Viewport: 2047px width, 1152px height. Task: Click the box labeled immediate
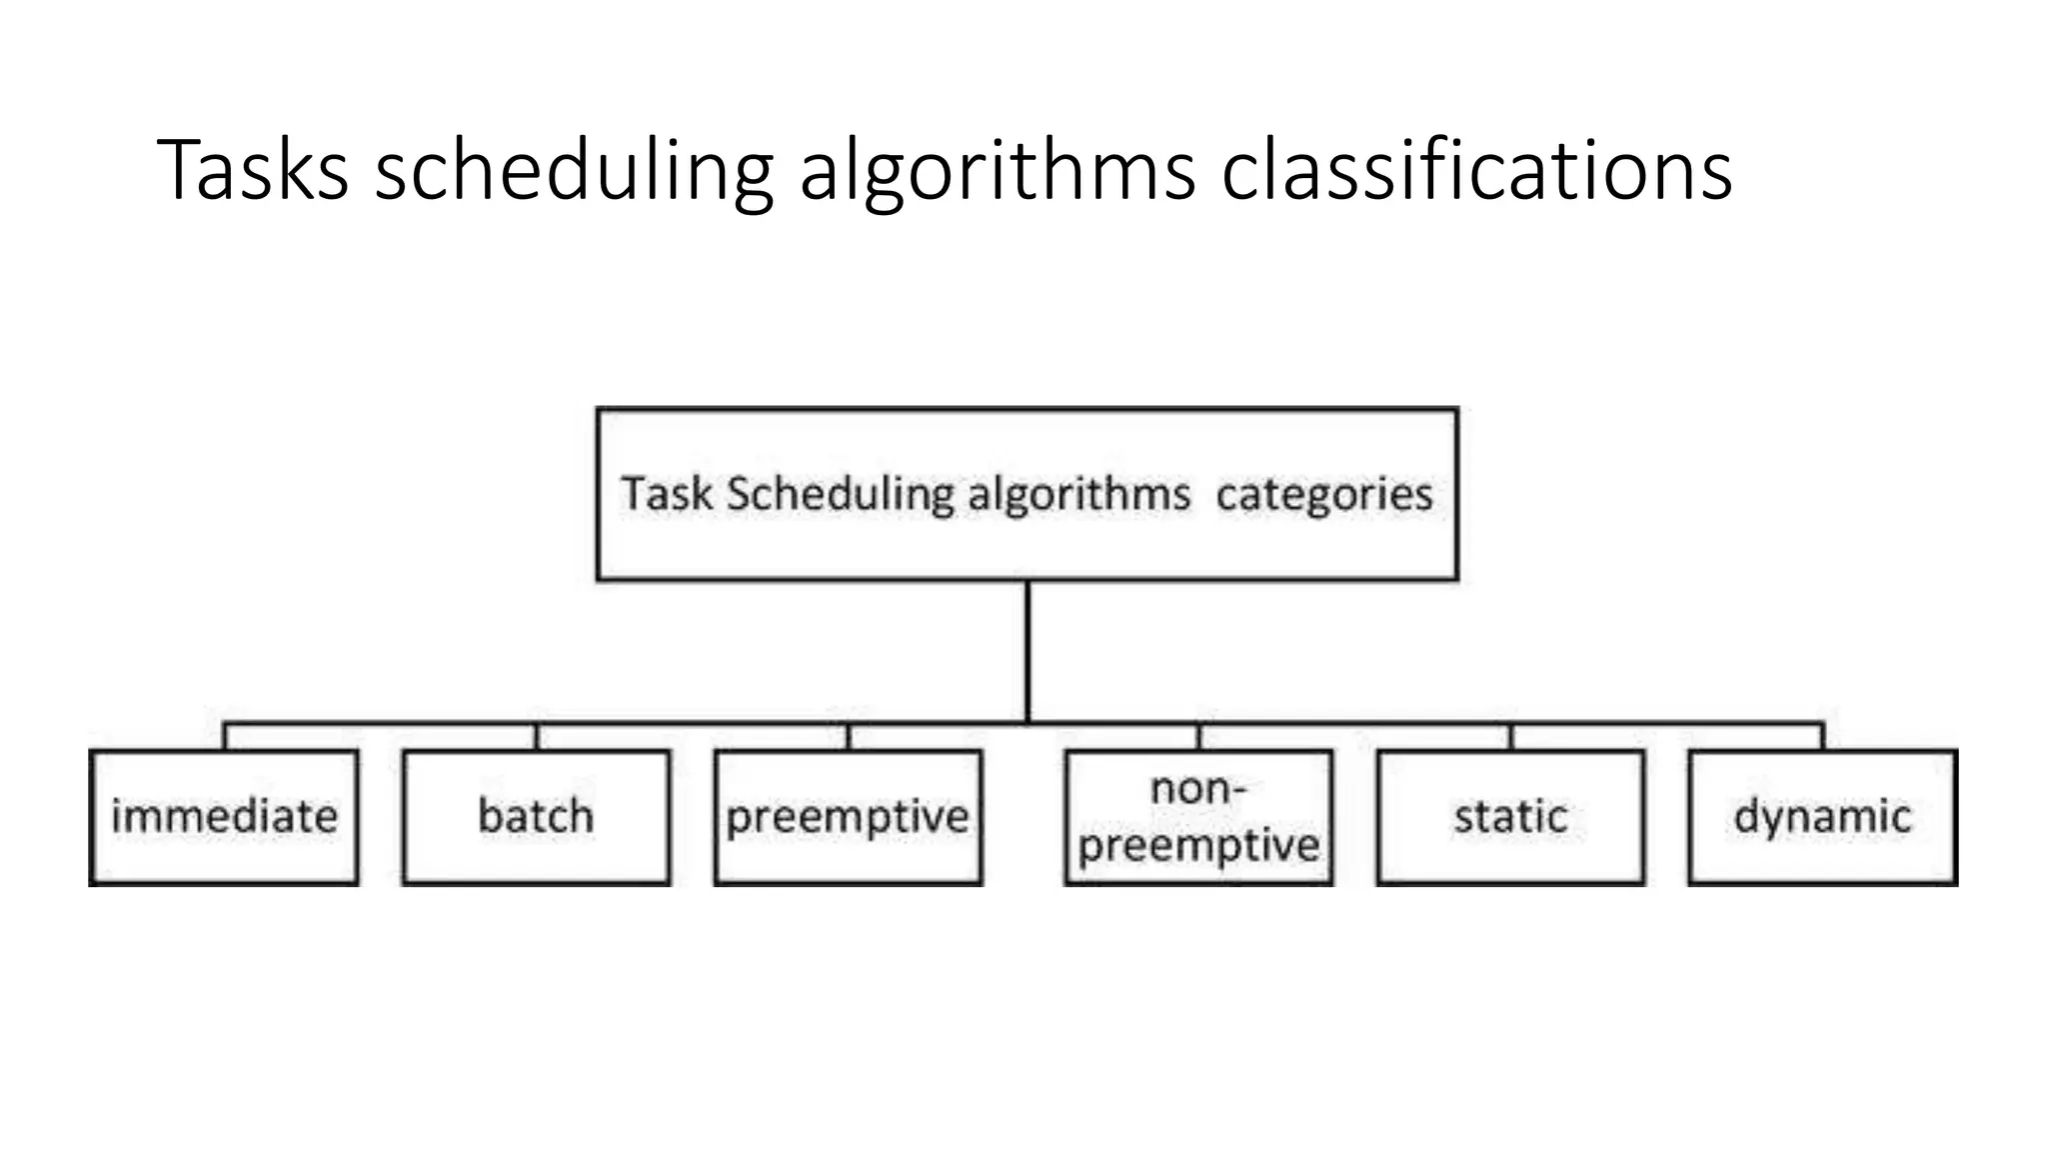coord(224,817)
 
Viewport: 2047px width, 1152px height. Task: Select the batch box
coord(536,817)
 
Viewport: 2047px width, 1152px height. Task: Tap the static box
coord(1510,817)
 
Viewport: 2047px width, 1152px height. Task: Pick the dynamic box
coord(1822,817)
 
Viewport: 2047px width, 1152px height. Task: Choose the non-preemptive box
coord(1198,817)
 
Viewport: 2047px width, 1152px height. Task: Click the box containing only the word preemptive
coord(848,817)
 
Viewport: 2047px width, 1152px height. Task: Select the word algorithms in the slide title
coord(997,172)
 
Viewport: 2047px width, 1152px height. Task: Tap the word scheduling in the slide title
coord(574,172)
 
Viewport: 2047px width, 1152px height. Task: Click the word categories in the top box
coord(1323,495)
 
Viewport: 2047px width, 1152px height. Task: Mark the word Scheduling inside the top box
coord(840,495)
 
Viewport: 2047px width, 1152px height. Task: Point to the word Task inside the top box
coord(667,494)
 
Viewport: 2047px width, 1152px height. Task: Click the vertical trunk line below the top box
coord(1027,650)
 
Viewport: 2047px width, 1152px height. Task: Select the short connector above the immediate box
coord(225,737)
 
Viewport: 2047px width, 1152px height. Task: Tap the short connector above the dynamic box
coord(1822,737)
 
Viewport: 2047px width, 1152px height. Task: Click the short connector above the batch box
coord(537,737)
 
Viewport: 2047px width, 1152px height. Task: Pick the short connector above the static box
coord(1510,737)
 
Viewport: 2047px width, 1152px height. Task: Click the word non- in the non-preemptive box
coord(1197,789)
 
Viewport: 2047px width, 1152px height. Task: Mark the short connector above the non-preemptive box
coord(1198,737)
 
